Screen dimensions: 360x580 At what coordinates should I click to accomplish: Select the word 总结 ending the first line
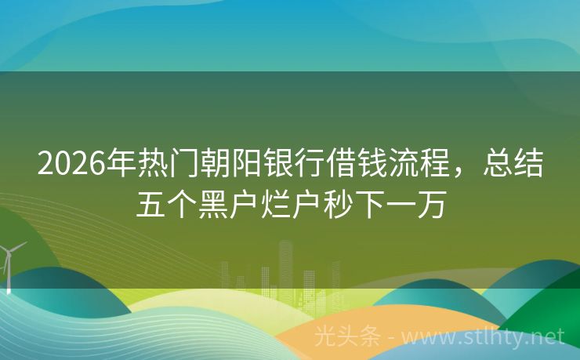pos(513,164)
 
